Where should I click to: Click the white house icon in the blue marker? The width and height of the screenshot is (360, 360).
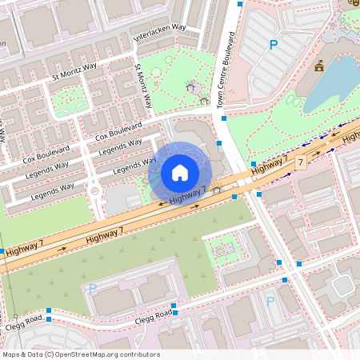[180, 172]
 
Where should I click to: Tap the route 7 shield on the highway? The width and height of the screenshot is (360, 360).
[301, 162]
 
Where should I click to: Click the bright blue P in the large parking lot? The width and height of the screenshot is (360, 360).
[274, 46]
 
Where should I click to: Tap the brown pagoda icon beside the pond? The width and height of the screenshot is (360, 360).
[319, 66]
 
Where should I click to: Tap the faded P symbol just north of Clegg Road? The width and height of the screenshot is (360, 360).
[93, 289]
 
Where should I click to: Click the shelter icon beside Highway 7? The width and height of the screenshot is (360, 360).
[217, 190]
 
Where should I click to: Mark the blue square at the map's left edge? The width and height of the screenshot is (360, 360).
[2, 251]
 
